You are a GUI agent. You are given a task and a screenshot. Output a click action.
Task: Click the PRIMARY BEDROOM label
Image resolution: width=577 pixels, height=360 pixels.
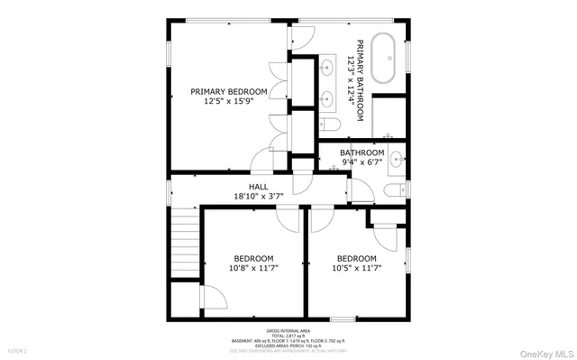(x=228, y=91)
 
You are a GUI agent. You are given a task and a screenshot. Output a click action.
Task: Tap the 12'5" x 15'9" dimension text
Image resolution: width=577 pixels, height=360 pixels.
(x=228, y=101)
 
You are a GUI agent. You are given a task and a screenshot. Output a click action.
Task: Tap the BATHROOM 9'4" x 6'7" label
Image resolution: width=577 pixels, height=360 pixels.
(x=362, y=157)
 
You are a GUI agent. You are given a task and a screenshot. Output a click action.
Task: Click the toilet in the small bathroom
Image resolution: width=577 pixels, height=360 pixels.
(x=393, y=189)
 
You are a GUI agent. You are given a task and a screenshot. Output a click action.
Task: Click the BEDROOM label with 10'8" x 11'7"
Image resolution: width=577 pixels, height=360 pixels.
(x=254, y=257)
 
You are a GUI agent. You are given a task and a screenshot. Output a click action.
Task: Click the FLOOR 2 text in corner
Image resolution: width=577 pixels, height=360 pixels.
(x=18, y=350)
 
